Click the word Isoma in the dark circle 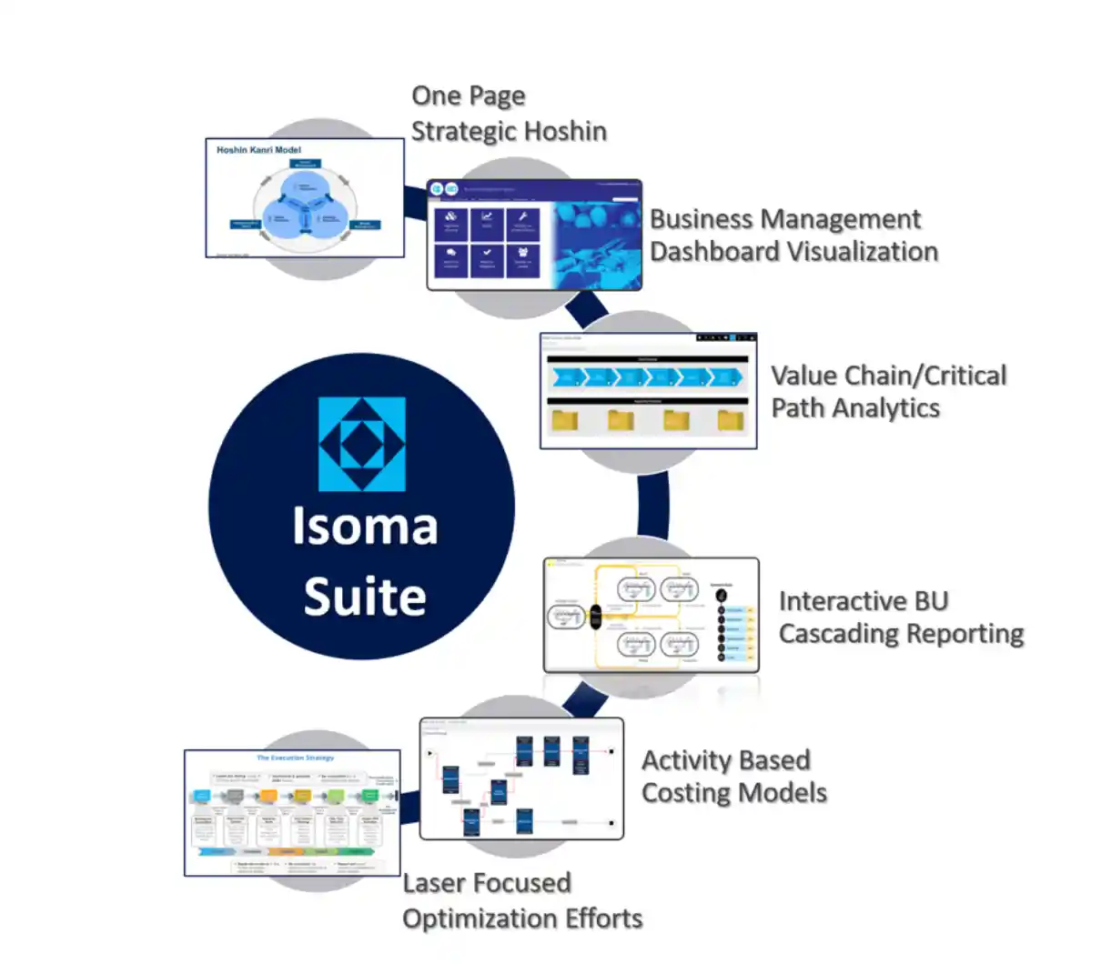(364, 526)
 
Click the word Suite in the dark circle (364, 597)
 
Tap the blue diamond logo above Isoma (362, 444)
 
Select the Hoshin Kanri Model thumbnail (305, 198)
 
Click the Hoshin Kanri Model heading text (258, 150)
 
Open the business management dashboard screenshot (534, 235)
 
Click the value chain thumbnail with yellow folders (648, 390)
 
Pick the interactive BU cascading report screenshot (651, 615)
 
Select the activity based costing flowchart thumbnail (521, 778)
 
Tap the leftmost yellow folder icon (565, 419)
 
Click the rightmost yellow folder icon (731, 419)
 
